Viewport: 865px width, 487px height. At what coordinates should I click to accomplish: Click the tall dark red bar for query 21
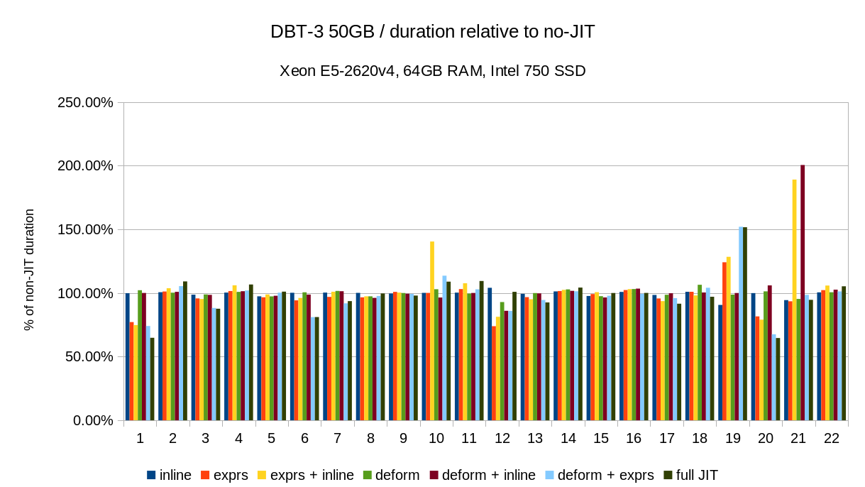pyautogui.click(x=803, y=292)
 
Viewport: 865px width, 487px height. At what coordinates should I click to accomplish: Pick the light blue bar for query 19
pyautogui.click(x=741, y=324)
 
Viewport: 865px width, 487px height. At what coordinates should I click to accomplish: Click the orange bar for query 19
pyautogui.click(x=724, y=341)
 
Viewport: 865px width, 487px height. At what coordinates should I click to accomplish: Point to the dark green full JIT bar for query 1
pyautogui.click(x=153, y=379)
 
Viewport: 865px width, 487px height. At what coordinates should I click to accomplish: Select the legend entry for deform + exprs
pyautogui.click(x=599, y=476)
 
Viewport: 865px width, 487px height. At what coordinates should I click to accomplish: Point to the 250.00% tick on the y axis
pyautogui.click(x=85, y=102)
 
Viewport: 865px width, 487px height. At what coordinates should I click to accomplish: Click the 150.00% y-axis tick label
pyautogui.click(x=85, y=229)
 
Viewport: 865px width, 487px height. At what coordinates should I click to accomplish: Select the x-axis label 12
pyautogui.click(x=502, y=439)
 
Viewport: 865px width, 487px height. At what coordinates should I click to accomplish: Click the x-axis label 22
pyautogui.click(x=832, y=439)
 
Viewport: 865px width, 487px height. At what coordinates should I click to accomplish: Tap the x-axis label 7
pyautogui.click(x=338, y=439)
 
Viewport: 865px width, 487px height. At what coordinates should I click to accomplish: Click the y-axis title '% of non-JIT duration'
pyautogui.click(x=29, y=270)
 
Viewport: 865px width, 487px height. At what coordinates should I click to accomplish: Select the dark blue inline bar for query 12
pyautogui.click(x=490, y=354)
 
